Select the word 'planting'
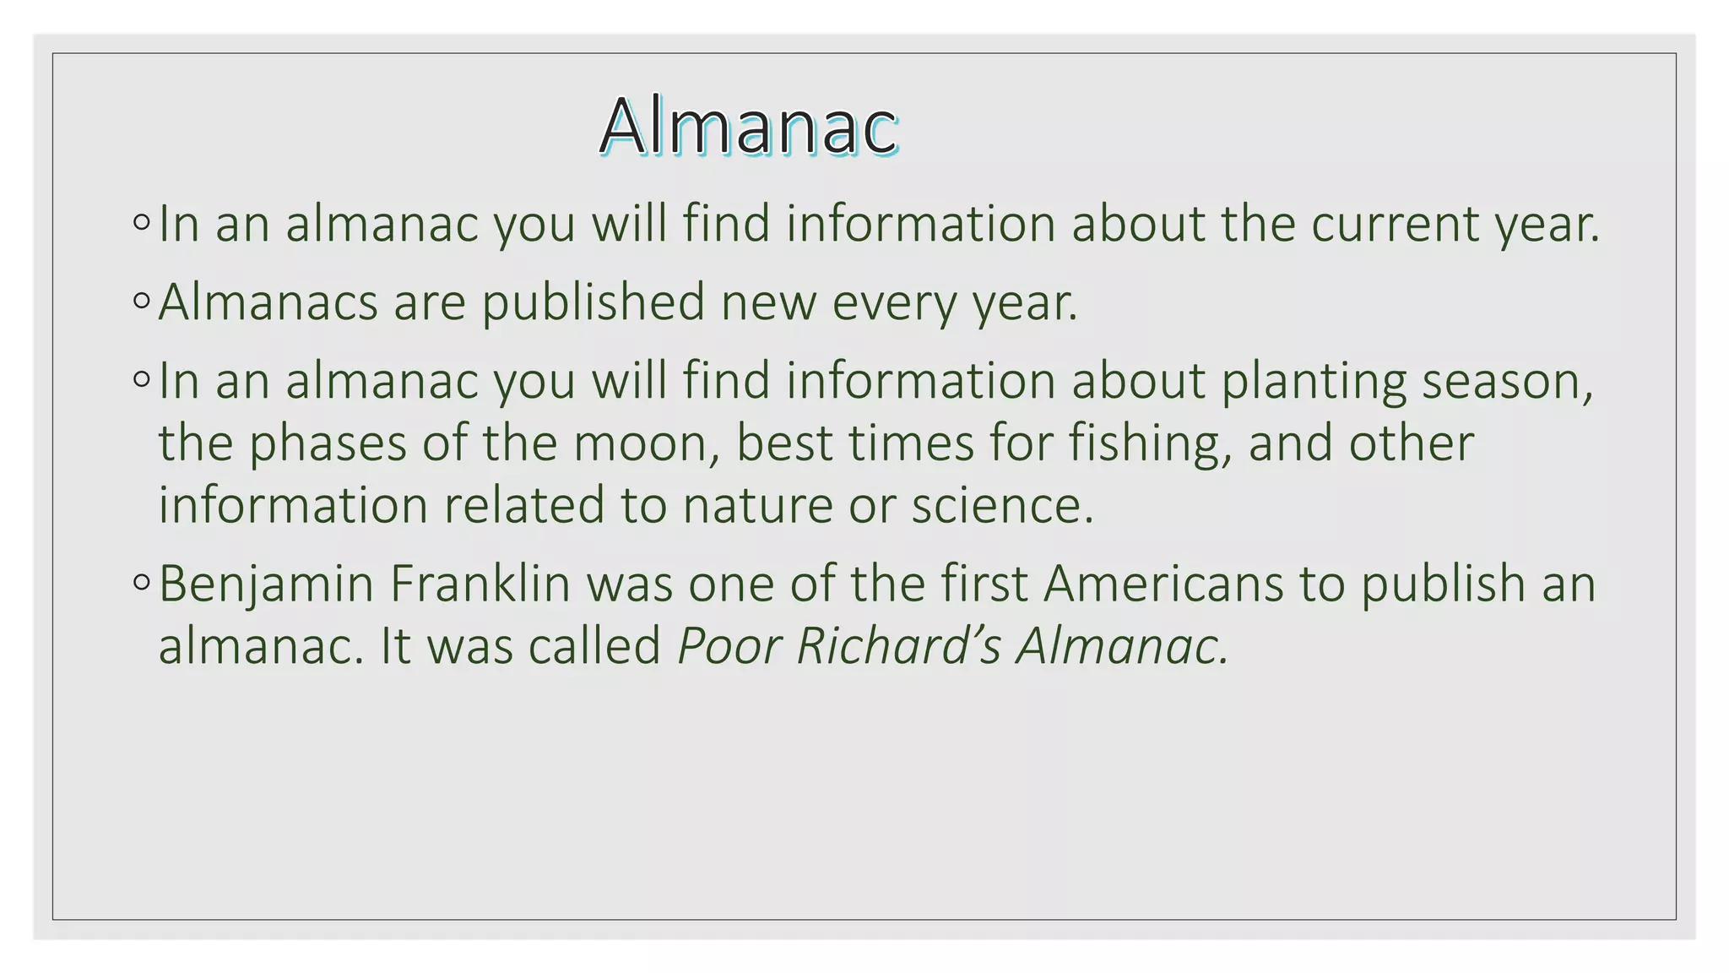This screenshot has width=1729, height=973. (1314, 382)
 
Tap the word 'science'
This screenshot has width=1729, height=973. (1001, 505)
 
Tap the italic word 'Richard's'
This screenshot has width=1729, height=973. (898, 646)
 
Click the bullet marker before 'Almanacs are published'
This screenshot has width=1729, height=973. (141, 301)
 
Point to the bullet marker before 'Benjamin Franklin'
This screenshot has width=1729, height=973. (141, 582)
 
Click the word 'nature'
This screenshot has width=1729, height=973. (757, 505)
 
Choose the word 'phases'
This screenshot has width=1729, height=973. (328, 443)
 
